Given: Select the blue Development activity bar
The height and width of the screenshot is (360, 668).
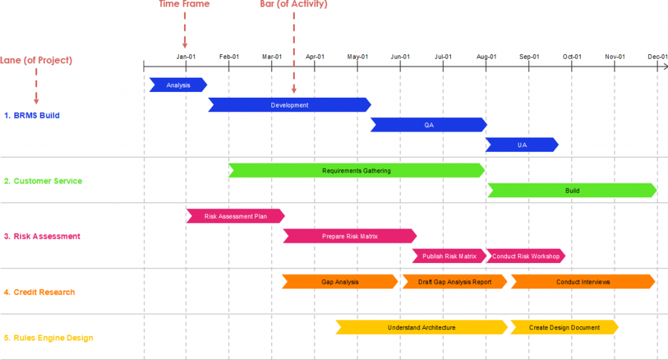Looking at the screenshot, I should coord(290,104).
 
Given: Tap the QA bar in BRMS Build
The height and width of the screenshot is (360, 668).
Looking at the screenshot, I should coord(429,125).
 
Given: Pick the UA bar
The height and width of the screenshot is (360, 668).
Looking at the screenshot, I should coord(522,145).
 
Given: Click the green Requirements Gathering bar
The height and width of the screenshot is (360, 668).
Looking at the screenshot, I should coord(356,171).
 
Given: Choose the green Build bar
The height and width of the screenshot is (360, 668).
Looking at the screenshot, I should coord(572,190).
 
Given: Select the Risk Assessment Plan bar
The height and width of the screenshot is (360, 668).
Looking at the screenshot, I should coord(235,216).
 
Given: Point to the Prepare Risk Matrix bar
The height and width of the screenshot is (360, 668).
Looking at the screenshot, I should coord(350,236).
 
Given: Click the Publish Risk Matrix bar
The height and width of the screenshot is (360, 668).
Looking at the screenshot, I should coord(449,256).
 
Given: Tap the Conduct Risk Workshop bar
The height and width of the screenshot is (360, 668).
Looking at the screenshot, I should coord(525,256).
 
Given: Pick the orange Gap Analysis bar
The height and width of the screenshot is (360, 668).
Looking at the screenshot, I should coord(340,282).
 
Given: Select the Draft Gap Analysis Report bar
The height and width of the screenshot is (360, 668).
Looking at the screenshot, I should coord(455,282).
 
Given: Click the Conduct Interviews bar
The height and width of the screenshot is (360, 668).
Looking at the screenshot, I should coord(583,282).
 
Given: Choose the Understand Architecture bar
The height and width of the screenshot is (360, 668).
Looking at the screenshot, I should coord(421,327).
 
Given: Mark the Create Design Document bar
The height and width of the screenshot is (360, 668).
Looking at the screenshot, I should coord(564,327).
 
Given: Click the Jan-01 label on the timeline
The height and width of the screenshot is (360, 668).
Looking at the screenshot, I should coord(186,56).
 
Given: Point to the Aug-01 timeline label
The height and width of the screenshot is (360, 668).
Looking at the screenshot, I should coord(486,56).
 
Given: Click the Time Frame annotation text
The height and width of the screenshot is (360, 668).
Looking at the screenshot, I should coord(185,5).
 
